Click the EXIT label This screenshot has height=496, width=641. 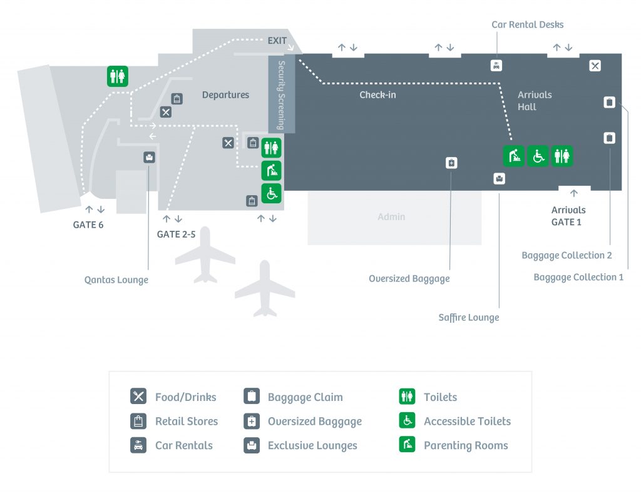(x=277, y=41)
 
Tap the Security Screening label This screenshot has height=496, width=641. (x=281, y=94)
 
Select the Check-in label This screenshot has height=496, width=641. (x=377, y=95)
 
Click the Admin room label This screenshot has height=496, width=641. (x=391, y=217)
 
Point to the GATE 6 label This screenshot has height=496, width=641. (x=88, y=225)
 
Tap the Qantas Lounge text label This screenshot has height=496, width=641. (x=116, y=280)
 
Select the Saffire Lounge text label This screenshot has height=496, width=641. (x=469, y=318)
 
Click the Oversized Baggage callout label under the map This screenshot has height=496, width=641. (x=409, y=279)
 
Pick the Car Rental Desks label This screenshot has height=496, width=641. (x=528, y=25)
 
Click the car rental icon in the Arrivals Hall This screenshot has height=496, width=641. (x=496, y=65)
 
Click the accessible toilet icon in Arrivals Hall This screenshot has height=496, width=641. (x=538, y=156)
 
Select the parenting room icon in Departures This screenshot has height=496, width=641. (x=271, y=170)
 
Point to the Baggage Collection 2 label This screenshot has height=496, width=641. (x=567, y=255)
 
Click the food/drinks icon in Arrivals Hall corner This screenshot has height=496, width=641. (x=595, y=66)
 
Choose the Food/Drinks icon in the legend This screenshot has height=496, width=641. (x=138, y=397)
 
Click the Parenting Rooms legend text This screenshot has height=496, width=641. (x=466, y=446)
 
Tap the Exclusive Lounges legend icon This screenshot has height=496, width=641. (x=252, y=445)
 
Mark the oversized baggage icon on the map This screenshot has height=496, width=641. (x=451, y=163)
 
